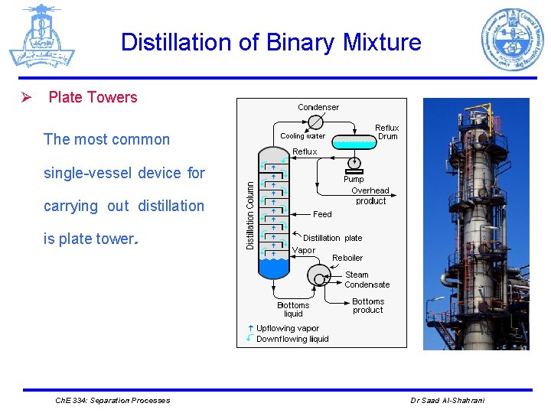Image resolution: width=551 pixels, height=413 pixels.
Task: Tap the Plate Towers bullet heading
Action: pos(93,97)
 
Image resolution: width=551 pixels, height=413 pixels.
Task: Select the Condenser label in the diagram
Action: pos(318,107)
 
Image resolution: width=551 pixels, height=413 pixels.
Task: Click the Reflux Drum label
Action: pos(387,132)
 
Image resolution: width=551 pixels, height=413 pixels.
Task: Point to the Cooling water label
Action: pos(302,136)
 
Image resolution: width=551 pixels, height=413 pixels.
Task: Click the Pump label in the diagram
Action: pos(354,179)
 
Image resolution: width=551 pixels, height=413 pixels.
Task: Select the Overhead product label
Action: pos(370,196)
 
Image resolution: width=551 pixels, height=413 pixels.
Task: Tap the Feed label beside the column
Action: pos(322,214)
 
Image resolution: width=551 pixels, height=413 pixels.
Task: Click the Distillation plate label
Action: pos(333,238)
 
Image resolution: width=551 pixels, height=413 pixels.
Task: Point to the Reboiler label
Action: pos(347,258)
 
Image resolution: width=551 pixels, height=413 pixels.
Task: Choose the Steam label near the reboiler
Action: pos(357,275)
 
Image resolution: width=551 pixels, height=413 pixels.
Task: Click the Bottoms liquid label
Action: pos(293,309)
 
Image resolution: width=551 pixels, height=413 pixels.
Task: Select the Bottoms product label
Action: pos(368,305)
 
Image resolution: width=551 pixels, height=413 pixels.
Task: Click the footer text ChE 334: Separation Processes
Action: pos(113,400)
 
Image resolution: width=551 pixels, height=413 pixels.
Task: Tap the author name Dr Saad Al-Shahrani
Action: pos(447,400)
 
